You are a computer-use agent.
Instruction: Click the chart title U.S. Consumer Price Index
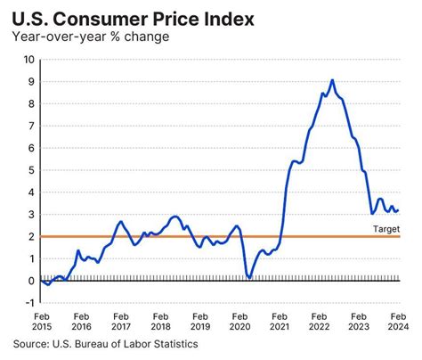(121, 17)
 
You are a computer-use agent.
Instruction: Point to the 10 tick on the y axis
(28, 60)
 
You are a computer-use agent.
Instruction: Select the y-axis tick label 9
(31, 82)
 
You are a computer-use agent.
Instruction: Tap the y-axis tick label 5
(31, 170)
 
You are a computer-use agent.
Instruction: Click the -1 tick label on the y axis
(29, 303)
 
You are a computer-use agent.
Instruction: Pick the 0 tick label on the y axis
(31, 281)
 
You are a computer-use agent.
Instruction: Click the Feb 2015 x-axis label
(42, 321)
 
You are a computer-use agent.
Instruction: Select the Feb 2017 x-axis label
(121, 321)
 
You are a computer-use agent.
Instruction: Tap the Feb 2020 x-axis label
(239, 321)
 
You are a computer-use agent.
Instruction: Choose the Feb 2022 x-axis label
(319, 321)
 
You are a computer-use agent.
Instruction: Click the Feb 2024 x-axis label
(397, 321)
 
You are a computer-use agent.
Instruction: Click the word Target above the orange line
(385, 228)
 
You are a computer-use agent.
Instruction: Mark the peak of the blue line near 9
(332, 80)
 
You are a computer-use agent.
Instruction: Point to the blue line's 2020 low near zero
(249, 278)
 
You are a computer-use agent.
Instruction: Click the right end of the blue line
(398, 211)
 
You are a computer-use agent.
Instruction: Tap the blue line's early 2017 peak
(120, 222)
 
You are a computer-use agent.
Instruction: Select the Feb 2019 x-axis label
(200, 321)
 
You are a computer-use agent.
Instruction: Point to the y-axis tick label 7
(31, 126)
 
